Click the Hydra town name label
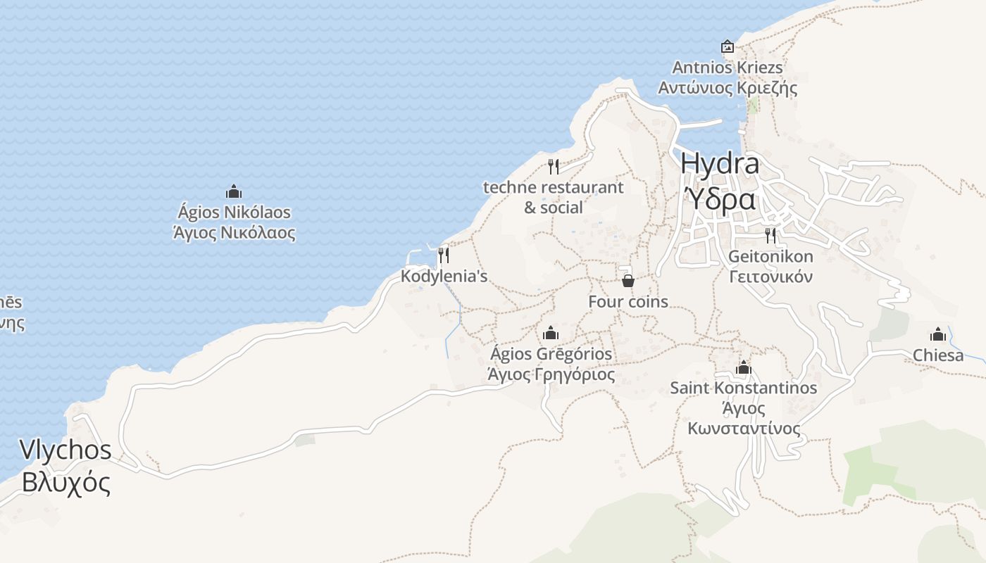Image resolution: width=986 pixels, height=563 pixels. (720, 164)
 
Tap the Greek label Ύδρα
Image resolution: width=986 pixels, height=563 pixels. (720, 200)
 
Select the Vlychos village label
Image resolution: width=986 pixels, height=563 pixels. (65, 450)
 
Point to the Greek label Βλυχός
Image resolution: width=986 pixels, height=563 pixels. (65, 483)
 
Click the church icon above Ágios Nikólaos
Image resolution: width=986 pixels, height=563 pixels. (234, 191)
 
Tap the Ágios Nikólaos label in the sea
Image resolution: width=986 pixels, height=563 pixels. (234, 212)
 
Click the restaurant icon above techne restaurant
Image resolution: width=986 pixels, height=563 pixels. (554, 167)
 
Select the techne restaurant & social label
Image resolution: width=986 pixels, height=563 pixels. (554, 198)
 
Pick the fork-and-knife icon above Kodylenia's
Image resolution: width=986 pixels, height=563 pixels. (444, 255)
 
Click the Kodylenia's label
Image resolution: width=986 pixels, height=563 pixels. (444, 277)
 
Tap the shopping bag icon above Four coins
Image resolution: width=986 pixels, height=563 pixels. (628, 281)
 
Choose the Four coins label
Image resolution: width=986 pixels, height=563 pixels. (628, 302)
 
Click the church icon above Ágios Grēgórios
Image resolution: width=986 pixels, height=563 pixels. (551, 333)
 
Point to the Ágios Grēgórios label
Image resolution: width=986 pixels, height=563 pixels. (551, 353)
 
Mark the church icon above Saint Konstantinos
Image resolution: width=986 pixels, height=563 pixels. (743, 367)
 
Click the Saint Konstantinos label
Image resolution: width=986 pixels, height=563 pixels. (743, 388)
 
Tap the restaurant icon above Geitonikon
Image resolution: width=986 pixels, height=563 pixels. (770, 235)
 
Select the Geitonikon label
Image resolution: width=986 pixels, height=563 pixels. (770, 256)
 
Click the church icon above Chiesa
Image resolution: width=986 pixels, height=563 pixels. (938, 334)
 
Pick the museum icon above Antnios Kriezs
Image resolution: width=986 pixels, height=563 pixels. (728, 47)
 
